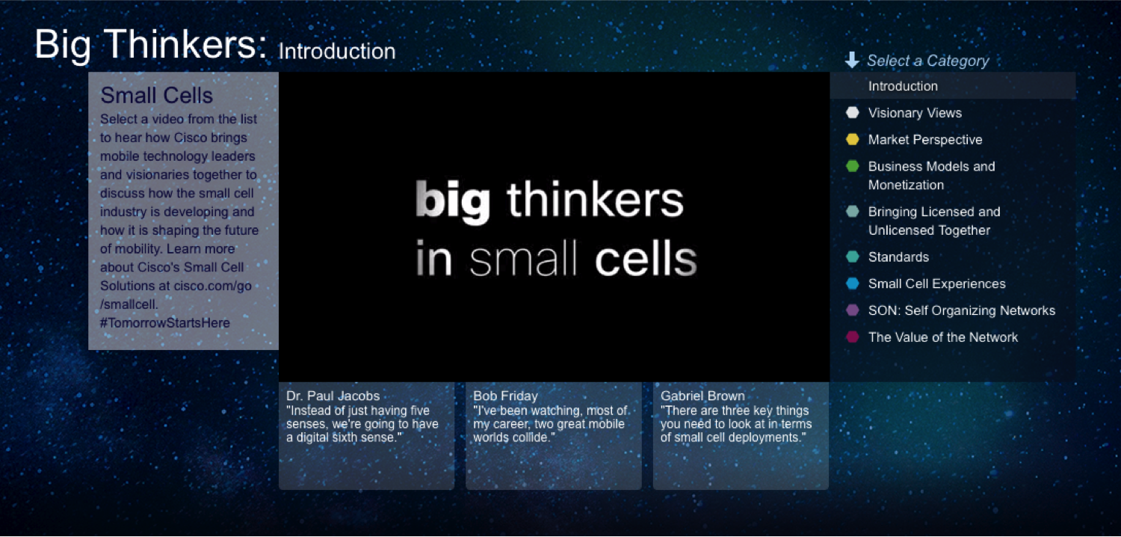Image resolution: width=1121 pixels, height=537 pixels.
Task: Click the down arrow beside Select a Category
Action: click(x=852, y=60)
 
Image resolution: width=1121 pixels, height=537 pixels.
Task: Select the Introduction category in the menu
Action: click(x=903, y=86)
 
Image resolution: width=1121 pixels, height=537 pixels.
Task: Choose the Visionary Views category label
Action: click(x=915, y=113)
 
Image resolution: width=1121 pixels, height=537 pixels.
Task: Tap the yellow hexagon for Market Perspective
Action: click(x=852, y=139)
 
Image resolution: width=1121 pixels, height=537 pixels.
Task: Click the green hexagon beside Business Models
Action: click(x=852, y=166)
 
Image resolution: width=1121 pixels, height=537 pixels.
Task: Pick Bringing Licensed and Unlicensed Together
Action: click(x=934, y=221)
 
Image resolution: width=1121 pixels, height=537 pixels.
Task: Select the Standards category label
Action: click(x=898, y=257)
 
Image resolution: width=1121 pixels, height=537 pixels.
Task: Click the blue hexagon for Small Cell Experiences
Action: click(x=852, y=283)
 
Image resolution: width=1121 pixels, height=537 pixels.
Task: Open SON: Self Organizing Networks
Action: click(x=961, y=310)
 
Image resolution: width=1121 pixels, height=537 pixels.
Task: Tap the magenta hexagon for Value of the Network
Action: click(x=852, y=337)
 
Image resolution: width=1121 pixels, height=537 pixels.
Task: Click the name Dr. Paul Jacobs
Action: click(x=333, y=396)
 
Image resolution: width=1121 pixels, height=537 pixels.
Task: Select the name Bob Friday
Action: click(x=505, y=396)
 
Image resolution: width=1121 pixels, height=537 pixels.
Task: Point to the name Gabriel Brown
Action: click(x=702, y=396)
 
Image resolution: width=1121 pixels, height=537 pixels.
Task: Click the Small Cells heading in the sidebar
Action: click(x=157, y=95)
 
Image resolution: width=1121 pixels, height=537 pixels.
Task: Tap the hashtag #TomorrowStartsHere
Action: click(x=164, y=322)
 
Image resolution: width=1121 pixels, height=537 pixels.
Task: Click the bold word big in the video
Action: click(x=453, y=201)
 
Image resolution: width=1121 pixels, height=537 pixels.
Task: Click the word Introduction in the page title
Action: click(x=337, y=51)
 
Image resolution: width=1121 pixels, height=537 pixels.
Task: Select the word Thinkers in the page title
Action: click(x=186, y=44)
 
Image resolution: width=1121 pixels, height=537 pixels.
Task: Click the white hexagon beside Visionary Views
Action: click(x=852, y=113)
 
